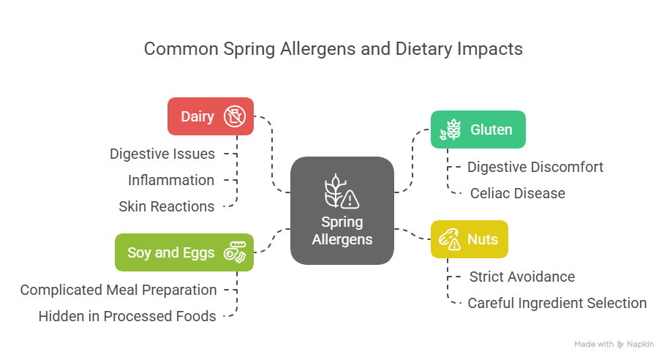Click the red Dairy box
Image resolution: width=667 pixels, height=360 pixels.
click(x=210, y=116)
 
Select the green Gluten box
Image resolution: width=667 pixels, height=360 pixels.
click(x=478, y=130)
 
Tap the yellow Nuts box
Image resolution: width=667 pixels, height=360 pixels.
click(x=469, y=239)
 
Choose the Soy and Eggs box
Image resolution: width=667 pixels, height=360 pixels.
click(x=184, y=252)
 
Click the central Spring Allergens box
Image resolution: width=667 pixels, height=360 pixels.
click(x=342, y=211)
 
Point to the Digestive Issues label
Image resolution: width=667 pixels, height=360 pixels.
click(x=162, y=154)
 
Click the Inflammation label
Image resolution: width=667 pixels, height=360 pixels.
click(x=171, y=180)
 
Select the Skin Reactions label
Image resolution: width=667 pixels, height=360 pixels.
click(x=167, y=206)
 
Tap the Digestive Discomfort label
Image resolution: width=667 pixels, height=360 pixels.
click(x=535, y=167)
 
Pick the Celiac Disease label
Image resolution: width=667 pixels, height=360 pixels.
click(x=518, y=193)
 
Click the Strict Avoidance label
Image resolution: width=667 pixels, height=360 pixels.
click(x=521, y=277)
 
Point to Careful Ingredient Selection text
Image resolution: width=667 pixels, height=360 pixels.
click(x=557, y=303)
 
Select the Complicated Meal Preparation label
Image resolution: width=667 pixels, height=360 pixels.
click(x=118, y=290)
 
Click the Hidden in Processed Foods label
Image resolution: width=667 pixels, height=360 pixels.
click(x=127, y=316)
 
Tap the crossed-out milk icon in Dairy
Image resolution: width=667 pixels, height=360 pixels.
click(x=235, y=116)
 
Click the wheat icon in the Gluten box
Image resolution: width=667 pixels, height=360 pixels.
click(x=450, y=130)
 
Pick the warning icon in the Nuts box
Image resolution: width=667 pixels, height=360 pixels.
click(x=450, y=240)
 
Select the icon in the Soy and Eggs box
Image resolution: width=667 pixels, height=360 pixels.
click(x=236, y=253)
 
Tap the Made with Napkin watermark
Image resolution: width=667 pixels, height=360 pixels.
click(x=614, y=344)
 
